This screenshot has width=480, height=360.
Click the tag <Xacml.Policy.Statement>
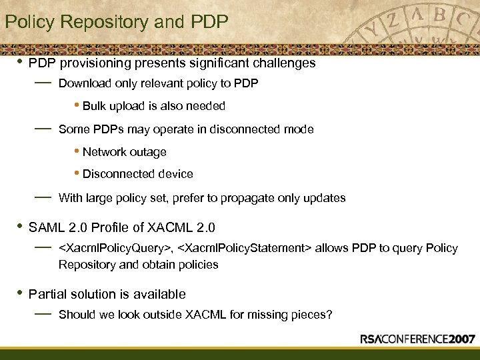click(243, 249)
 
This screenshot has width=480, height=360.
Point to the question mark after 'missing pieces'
click(329, 315)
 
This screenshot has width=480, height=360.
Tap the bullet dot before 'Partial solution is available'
click(20, 293)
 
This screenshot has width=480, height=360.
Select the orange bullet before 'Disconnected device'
click(78, 174)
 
